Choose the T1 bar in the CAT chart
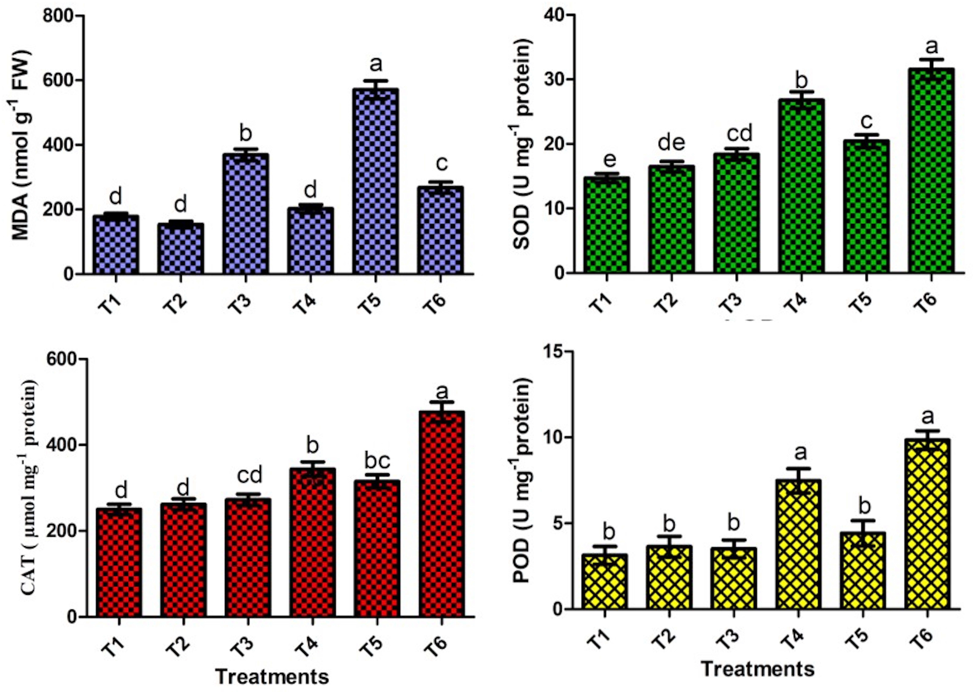119,563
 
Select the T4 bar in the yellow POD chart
798,544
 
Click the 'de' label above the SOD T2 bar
672,143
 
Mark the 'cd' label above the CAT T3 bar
250,475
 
